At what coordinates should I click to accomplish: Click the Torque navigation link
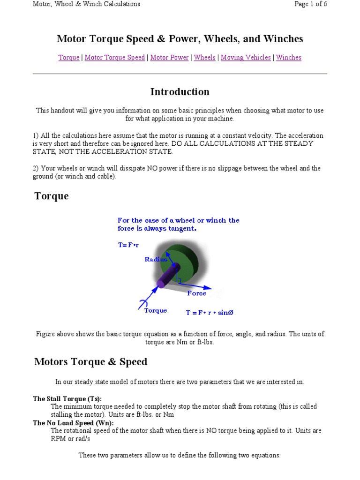[69, 58]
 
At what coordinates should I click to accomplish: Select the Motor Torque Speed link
[115, 58]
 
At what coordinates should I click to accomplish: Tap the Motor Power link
[169, 58]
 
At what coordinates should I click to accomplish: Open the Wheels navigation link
[205, 58]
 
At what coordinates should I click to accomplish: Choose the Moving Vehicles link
[246, 58]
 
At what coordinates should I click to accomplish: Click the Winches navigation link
[289, 58]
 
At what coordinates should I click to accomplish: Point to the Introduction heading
[180, 92]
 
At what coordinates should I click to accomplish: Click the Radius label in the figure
[156, 259]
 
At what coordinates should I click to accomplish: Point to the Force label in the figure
[196, 293]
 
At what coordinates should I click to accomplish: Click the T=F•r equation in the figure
[128, 245]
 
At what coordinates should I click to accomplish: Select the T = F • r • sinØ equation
[210, 313]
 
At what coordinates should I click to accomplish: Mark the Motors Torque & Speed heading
[90, 362]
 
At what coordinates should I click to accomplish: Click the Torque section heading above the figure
[52, 196]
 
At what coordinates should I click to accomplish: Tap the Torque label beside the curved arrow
[155, 311]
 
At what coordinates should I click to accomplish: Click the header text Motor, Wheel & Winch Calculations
[86, 4]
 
